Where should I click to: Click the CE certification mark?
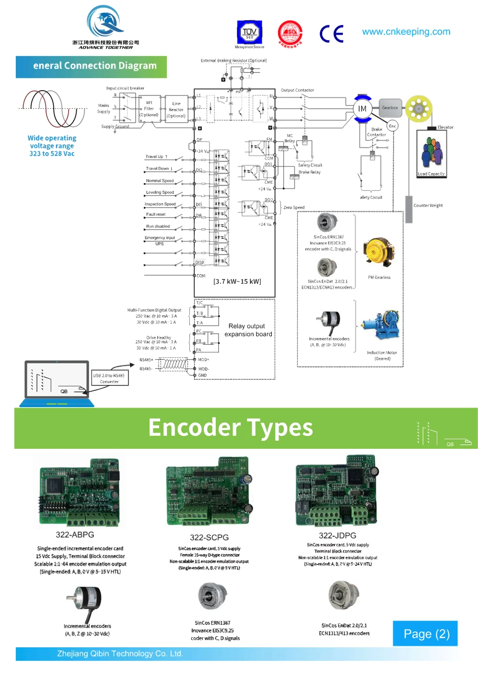(331, 34)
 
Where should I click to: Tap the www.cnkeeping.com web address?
(406, 32)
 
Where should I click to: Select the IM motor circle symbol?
(362, 109)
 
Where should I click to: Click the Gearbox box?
(390, 108)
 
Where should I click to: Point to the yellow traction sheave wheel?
(419, 109)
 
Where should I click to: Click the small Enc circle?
(392, 126)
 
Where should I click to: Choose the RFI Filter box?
(149, 109)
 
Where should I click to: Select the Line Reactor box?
(176, 110)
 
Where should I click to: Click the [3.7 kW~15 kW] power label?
(237, 281)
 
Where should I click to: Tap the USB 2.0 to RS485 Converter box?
(109, 378)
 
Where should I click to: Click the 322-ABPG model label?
(75, 535)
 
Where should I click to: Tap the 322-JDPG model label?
(338, 536)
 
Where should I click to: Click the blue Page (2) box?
(425, 633)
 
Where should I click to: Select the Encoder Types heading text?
(231, 428)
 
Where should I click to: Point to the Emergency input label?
(160, 238)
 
